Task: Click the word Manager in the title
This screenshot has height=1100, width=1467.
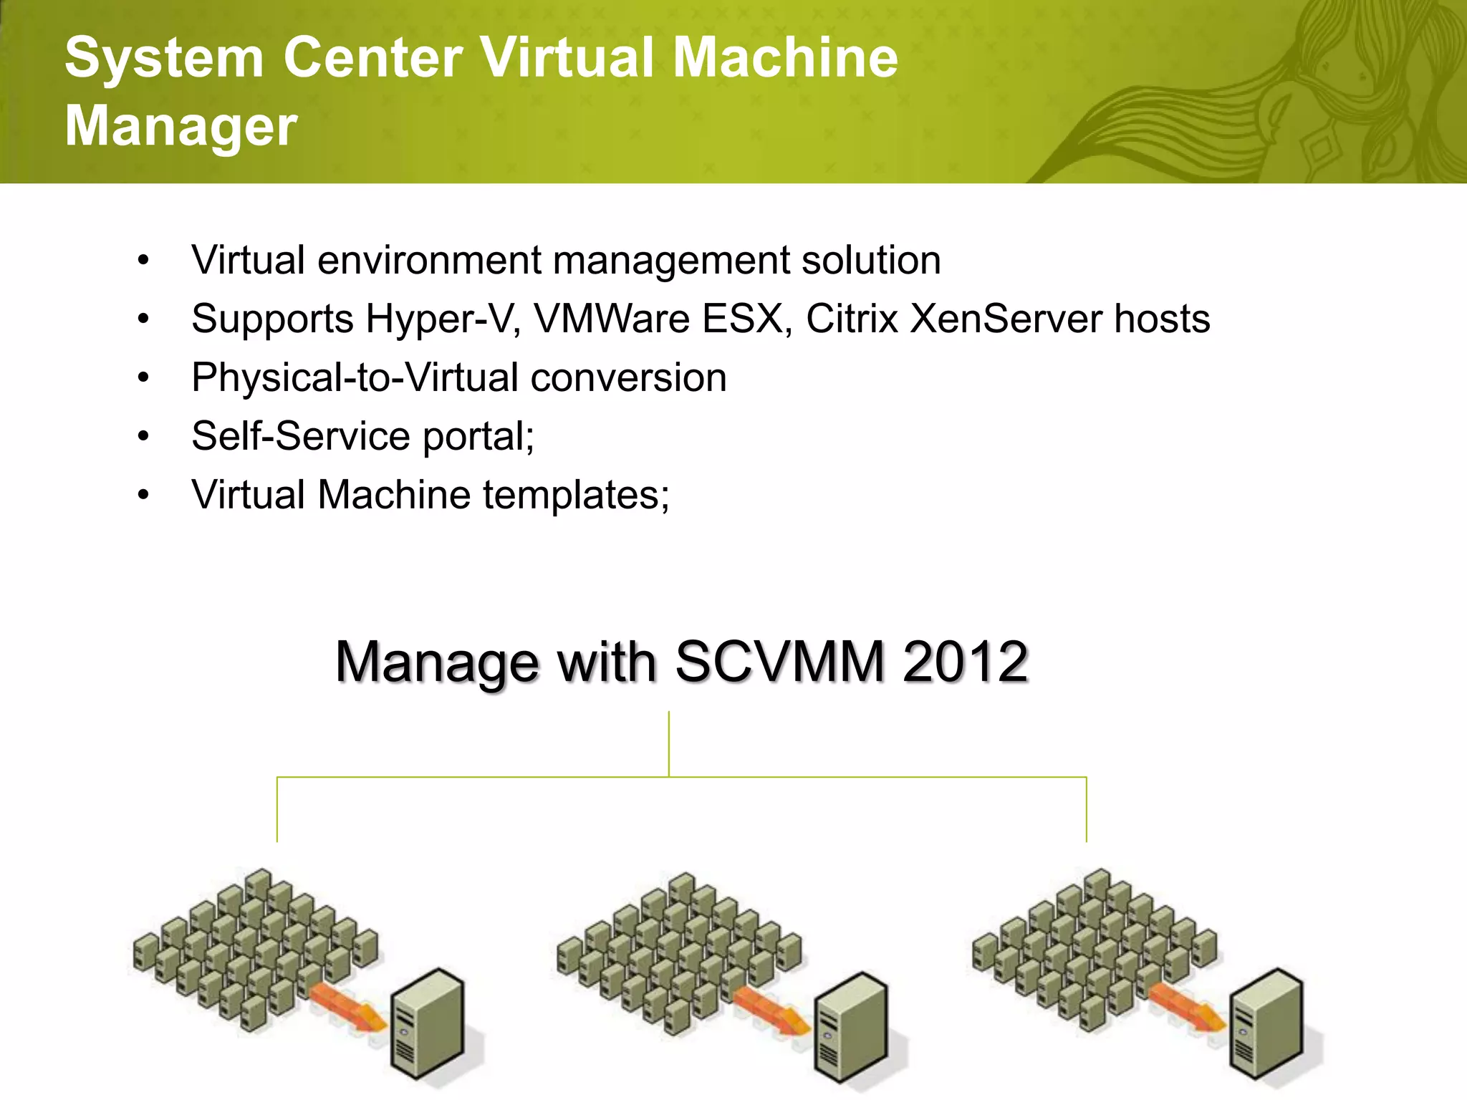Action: pyautogui.click(x=181, y=126)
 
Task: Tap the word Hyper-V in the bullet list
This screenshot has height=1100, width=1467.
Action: pyautogui.click(x=443, y=319)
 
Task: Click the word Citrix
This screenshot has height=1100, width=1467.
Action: pyautogui.click(x=852, y=319)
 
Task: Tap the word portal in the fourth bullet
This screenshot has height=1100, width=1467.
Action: pyautogui.click(x=476, y=437)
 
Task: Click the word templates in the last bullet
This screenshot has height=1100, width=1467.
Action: pyautogui.click(x=575, y=496)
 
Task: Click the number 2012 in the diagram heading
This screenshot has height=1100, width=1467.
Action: pyautogui.click(x=965, y=662)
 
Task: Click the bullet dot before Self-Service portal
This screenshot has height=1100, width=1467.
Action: pyautogui.click(x=144, y=436)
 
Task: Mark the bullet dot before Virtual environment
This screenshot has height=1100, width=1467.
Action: pyautogui.click(x=144, y=260)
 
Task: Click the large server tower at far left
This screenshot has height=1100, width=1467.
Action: pyautogui.click(x=428, y=1023)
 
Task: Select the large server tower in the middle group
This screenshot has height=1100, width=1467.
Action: pyautogui.click(x=852, y=1027)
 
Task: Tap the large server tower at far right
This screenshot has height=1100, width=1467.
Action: pyautogui.click(x=1266, y=1023)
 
